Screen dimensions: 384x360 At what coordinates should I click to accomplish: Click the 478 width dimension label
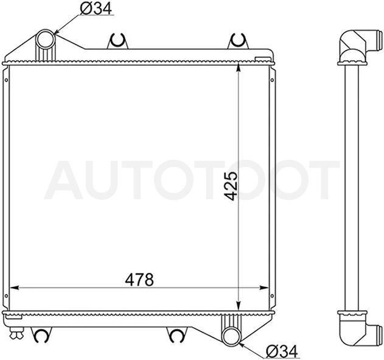(139, 280)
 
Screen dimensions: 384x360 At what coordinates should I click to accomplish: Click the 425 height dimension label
(231, 186)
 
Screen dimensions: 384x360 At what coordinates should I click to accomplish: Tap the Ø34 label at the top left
(96, 8)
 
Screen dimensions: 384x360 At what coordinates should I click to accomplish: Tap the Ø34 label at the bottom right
(282, 352)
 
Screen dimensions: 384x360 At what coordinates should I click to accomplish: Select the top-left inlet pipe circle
(46, 39)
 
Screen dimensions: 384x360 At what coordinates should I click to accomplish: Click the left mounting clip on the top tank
(118, 41)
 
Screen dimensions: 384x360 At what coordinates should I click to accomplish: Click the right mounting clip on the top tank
(238, 41)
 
